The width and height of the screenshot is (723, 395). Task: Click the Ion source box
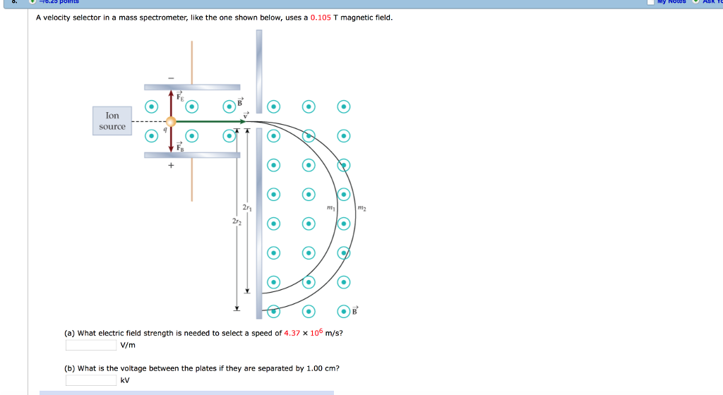click(112, 121)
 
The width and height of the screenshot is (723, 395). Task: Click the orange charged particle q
click(170, 121)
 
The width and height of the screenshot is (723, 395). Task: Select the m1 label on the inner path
click(330, 208)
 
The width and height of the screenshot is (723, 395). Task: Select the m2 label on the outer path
click(362, 208)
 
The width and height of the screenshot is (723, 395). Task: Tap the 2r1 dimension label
click(246, 208)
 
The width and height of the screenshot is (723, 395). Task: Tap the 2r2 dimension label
click(236, 221)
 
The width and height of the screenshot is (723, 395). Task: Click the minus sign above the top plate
click(170, 78)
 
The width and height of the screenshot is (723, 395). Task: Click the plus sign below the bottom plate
click(170, 166)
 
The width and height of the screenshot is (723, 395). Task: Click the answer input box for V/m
click(91, 345)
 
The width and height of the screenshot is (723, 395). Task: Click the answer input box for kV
click(91, 380)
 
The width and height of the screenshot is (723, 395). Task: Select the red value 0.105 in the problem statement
click(321, 17)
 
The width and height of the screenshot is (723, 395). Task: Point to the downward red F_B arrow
click(170, 140)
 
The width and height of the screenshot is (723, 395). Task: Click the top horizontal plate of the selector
click(192, 87)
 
